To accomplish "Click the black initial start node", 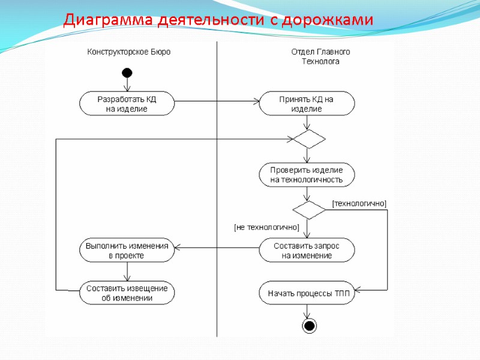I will click(x=127, y=73).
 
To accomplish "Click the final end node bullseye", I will click(x=309, y=326).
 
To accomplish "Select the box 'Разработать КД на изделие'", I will click(x=127, y=103).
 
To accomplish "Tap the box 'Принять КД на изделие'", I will click(x=307, y=103).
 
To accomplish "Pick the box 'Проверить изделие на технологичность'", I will click(x=307, y=175).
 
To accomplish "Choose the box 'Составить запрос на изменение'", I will click(x=307, y=250).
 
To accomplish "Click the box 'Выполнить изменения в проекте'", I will click(x=127, y=250).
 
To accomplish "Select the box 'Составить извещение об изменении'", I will click(x=127, y=293).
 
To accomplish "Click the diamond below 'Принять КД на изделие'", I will click(x=309, y=139).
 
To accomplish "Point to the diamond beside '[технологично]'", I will click(x=309, y=210).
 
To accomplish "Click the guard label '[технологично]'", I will click(x=359, y=204).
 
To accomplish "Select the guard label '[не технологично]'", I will click(x=266, y=227).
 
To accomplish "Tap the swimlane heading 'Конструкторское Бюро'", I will click(x=129, y=52).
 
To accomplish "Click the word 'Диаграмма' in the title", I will click(x=109, y=20).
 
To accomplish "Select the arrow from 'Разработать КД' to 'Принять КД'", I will click(x=216, y=101).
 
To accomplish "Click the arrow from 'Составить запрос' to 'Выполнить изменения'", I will click(x=217, y=248).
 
